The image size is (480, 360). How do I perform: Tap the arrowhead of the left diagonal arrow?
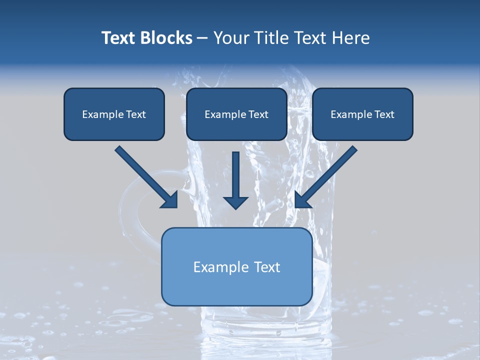pyautogui.click(x=170, y=200)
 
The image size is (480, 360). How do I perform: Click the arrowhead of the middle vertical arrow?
pyautogui.click(x=235, y=202)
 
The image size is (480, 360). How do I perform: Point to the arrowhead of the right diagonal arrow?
pyautogui.click(x=302, y=200)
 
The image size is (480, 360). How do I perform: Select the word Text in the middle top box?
pyautogui.click(x=258, y=114)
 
